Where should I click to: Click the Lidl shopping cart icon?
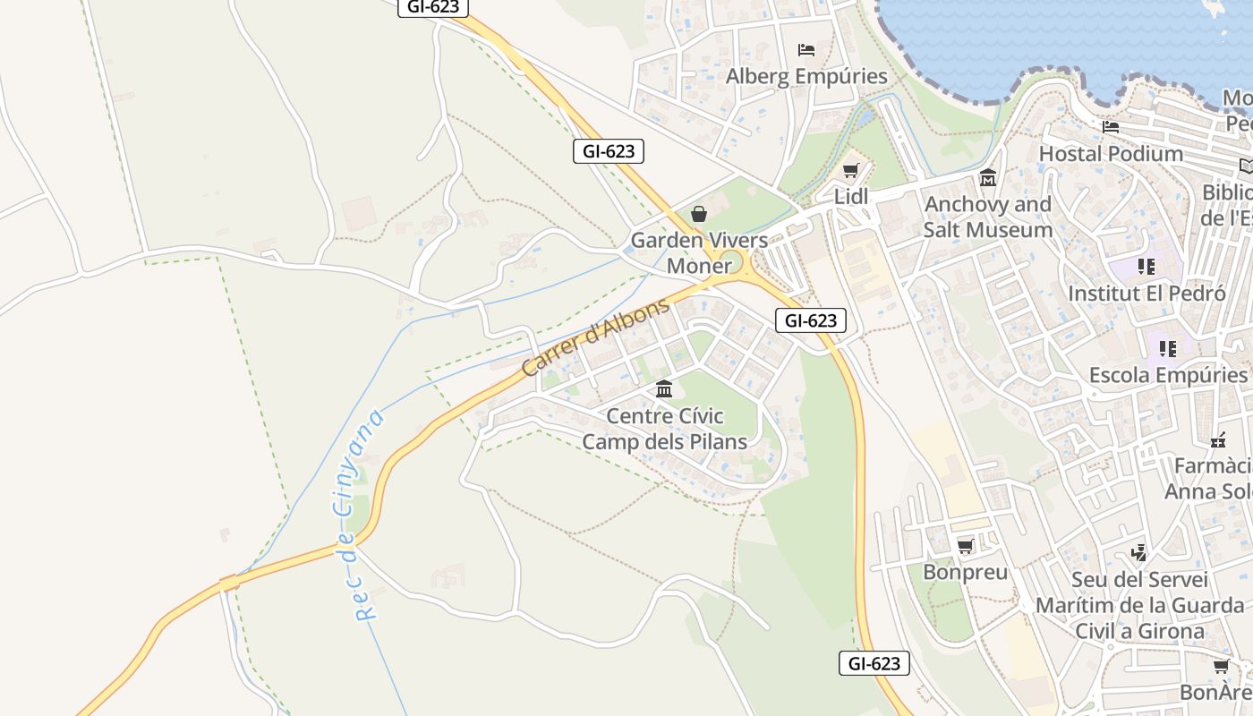(x=850, y=171)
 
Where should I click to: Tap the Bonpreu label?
(x=965, y=572)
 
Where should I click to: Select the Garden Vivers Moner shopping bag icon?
(x=699, y=214)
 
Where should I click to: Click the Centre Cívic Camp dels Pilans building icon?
(x=664, y=389)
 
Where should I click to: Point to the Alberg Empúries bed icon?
(x=806, y=50)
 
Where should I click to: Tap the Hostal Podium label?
(x=1110, y=154)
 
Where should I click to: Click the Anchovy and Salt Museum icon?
(x=988, y=178)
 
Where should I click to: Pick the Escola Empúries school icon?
(x=1168, y=348)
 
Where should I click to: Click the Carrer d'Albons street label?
(x=595, y=337)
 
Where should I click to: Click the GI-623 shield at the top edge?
(x=433, y=7)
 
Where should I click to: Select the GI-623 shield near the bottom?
(x=874, y=663)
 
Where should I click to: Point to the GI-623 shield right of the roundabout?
(x=810, y=320)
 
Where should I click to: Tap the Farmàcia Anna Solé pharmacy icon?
(x=1218, y=440)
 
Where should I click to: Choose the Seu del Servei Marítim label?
(x=1139, y=605)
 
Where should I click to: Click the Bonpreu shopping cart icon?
(x=965, y=546)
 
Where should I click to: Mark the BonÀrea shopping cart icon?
(x=1221, y=667)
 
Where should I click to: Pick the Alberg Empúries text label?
(x=806, y=76)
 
